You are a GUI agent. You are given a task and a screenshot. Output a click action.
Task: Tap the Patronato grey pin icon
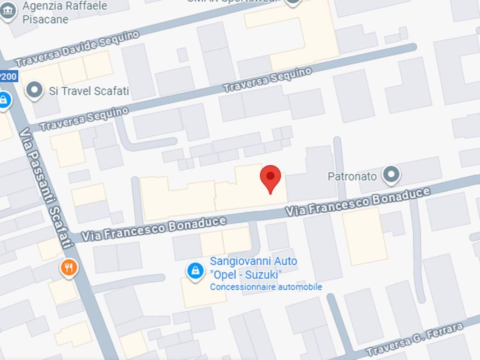point(390,175)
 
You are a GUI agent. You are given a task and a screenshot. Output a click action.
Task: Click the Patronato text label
point(352,176)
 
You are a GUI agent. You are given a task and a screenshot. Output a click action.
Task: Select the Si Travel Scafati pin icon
point(34,90)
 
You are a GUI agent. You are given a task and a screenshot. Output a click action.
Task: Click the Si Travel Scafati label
point(89,90)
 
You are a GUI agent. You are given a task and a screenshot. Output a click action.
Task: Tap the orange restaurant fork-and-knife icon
point(69,268)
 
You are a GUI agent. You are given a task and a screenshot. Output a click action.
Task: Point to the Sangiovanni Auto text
point(253,261)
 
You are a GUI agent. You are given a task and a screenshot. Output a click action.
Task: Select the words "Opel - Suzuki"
point(246,274)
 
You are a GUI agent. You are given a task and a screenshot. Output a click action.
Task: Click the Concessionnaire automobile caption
point(266,287)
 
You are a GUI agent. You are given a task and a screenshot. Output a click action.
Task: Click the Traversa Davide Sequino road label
point(77,49)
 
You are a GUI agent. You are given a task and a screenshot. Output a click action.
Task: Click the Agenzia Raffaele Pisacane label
point(65,13)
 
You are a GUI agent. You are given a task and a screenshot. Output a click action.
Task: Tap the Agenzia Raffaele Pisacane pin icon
point(8,11)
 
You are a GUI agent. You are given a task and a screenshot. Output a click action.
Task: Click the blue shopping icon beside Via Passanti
point(4,100)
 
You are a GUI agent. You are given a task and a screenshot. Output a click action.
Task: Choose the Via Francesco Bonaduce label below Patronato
point(358,202)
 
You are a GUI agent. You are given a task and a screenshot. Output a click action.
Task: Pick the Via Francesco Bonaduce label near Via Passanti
point(153,228)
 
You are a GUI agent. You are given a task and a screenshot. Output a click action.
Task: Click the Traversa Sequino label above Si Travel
point(267,80)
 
